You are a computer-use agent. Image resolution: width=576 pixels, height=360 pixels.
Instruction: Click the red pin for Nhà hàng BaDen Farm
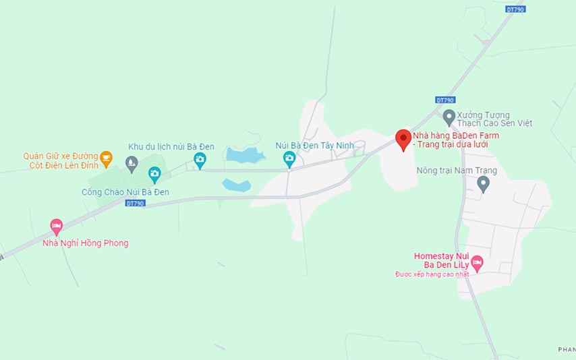403,139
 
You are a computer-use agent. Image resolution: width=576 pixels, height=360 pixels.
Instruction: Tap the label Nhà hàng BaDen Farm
456,136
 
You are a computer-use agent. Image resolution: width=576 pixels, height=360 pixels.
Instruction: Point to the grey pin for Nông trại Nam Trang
483,183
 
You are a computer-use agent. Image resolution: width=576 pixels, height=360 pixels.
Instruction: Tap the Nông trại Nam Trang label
457,171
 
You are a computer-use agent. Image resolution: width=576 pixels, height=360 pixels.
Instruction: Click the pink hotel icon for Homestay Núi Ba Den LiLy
477,262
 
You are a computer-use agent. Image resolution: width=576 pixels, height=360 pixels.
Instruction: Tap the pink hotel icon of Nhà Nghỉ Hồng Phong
56,226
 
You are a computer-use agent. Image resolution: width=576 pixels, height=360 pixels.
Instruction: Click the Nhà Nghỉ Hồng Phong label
85,243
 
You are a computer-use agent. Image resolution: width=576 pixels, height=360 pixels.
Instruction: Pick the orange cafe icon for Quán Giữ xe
106,159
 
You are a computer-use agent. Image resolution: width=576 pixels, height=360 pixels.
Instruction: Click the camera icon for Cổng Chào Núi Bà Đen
154,175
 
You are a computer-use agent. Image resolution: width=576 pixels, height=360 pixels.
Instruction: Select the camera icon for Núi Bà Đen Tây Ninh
289,159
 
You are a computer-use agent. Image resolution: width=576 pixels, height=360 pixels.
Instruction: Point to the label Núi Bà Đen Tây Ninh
314,145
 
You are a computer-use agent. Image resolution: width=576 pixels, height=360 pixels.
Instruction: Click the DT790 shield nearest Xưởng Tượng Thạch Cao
444,100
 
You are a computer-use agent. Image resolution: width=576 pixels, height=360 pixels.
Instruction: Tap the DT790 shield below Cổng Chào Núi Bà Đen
135,203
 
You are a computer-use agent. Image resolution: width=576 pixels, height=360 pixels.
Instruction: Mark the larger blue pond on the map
244,156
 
